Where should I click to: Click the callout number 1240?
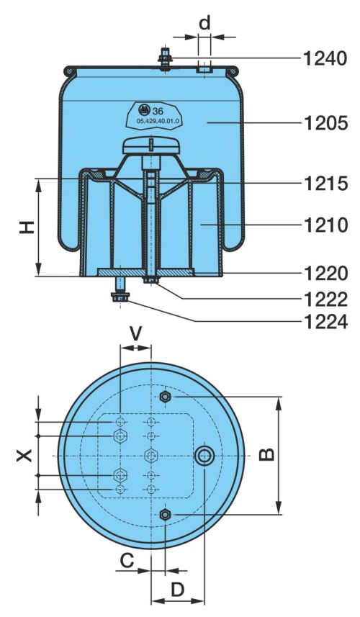coord(325,58)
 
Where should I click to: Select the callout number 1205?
coord(325,123)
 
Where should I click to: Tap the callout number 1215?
coord(325,184)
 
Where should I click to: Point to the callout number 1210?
coord(325,225)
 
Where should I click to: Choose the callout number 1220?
coord(325,274)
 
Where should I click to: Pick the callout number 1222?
coord(325,300)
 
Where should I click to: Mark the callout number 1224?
coord(325,322)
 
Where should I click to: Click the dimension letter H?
coord(27,227)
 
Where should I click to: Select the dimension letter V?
coord(136,334)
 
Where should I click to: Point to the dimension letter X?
coord(24,456)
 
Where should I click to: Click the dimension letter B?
coord(267,455)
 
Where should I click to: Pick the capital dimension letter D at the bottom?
coord(178,590)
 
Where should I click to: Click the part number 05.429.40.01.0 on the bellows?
coord(158,122)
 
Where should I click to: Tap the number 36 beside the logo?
coord(158,111)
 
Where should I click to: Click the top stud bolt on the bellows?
coord(166,58)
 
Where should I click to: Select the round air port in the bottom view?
coord(204,456)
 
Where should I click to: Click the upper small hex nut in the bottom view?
coord(166,397)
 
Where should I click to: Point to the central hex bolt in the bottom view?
coord(151,456)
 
